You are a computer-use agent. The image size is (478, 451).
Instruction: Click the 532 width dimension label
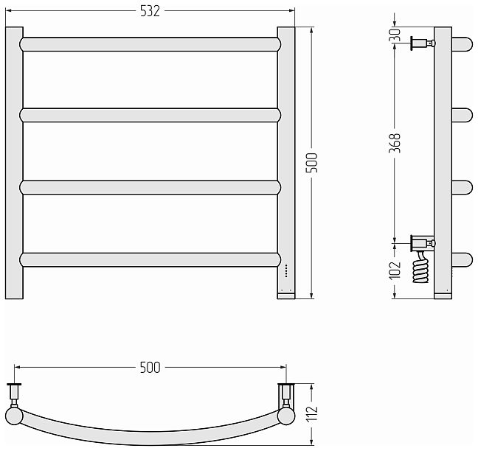(150, 11)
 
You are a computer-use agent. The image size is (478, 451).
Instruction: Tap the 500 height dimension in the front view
(311, 163)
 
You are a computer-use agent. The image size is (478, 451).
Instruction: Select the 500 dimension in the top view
(150, 368)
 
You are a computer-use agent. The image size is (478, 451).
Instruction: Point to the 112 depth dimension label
(312, 413)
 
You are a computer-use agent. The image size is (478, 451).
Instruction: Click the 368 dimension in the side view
(395, 143)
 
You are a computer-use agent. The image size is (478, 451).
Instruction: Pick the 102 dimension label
(395, 270)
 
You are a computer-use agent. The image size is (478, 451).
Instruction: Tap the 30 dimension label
(395, 35)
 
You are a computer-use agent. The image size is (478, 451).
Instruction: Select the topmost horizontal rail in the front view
(150, 44)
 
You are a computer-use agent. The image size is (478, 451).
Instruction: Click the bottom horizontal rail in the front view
(150, 259)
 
